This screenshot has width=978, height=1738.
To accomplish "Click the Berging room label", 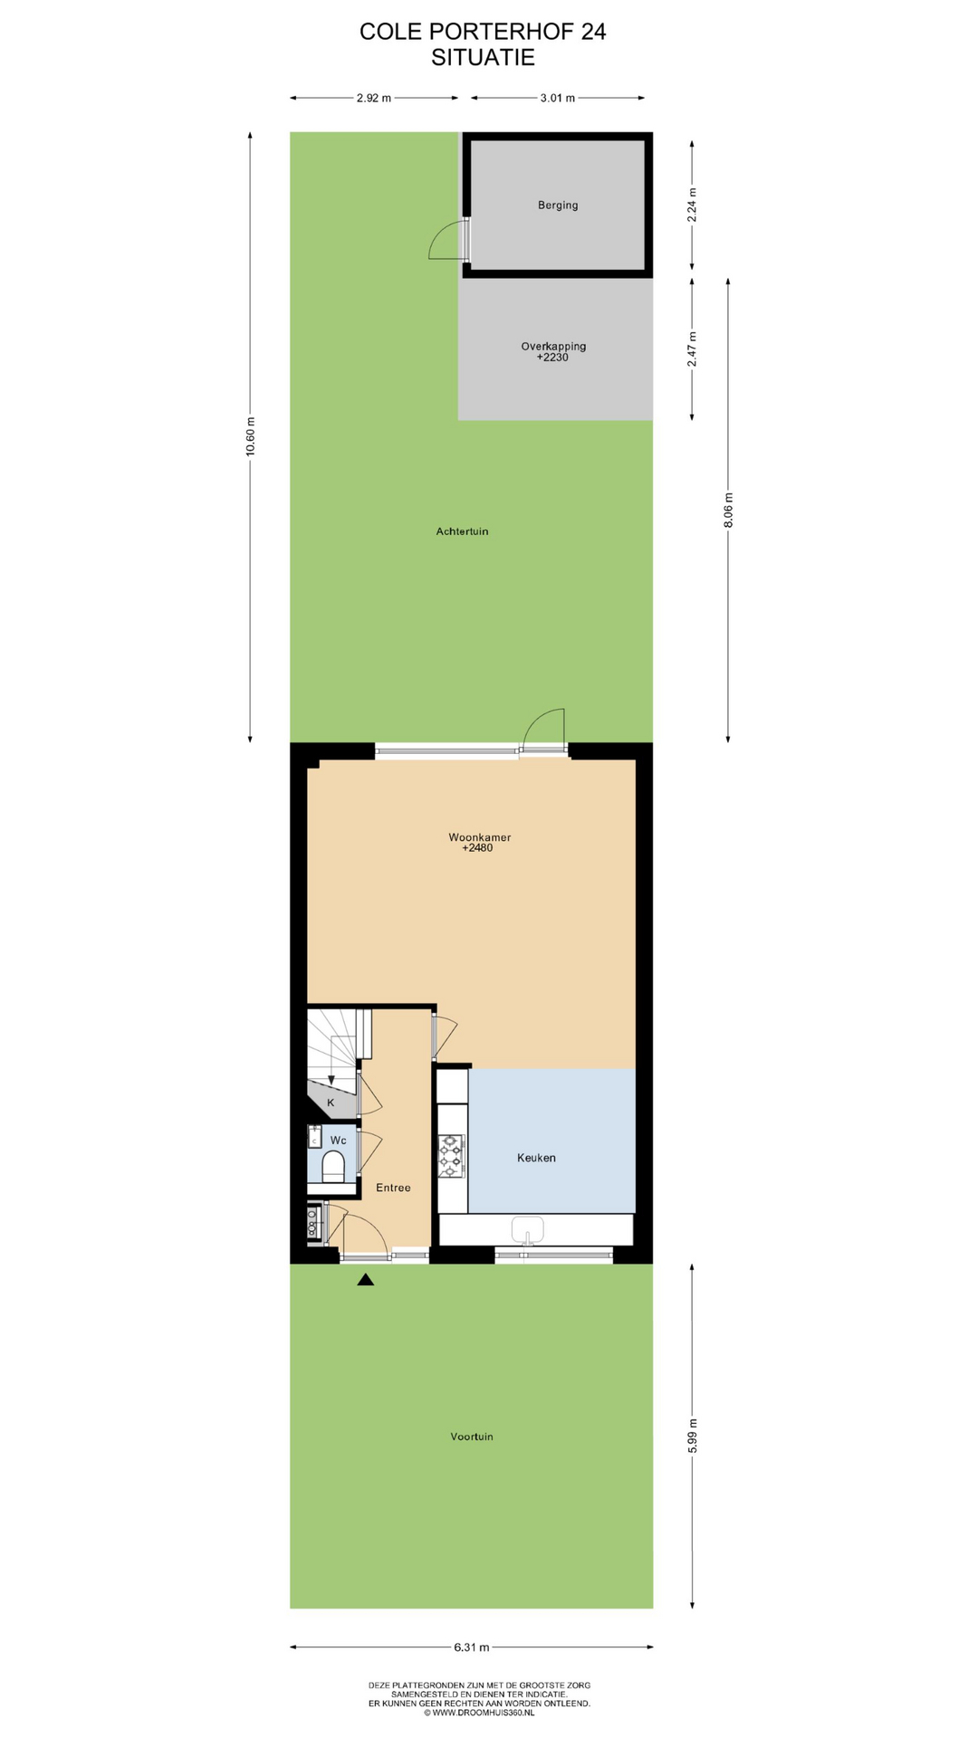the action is [558, 205].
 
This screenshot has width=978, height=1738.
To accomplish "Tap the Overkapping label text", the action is [553, 346].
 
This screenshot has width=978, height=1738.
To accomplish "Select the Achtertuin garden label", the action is [462, 531].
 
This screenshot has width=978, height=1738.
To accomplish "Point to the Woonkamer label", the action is [479, 837].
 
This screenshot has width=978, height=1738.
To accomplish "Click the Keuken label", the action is [536, 1158].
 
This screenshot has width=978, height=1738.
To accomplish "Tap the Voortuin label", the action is [472, 1437].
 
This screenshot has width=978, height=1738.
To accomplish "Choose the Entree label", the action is [393, 1188].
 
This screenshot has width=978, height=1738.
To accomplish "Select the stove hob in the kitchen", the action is [451, 1156].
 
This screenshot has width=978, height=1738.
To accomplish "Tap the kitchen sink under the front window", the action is [527, 1230].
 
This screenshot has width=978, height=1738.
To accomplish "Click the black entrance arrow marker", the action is [366, 1279].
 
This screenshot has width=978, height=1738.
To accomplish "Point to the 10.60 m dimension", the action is [251, 437].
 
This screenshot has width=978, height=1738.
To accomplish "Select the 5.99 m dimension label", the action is [693, 1437].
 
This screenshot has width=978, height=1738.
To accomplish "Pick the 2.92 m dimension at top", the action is [374, 98].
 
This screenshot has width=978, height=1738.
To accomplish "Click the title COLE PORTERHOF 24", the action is [483, 32].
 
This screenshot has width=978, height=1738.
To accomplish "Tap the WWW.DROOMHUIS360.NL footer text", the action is [479, 1713].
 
